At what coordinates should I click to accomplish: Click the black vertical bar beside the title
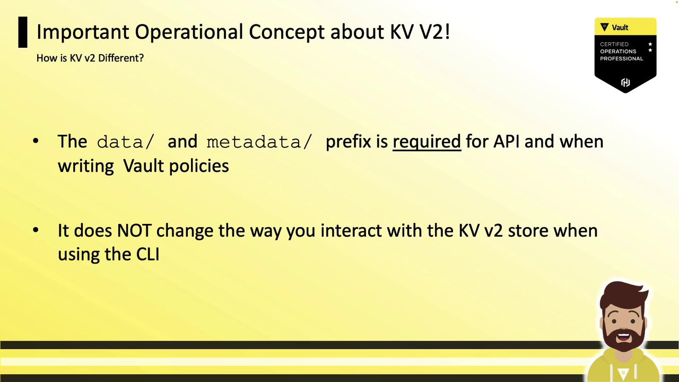coord(23,32)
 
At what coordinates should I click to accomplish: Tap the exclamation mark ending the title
coord(447,31)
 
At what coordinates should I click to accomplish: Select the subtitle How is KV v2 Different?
coord(90,58)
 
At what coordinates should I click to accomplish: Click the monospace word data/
coord(126,142)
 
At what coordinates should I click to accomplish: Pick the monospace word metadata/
coord(259,142)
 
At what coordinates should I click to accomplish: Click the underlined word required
coord(427,142)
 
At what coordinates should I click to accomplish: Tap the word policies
coord(199,166)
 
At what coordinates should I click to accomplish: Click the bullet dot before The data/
coord(36,141)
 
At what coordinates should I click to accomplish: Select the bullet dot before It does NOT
coord(36,230)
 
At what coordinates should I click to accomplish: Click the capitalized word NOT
coord(134,231)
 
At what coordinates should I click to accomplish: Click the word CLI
coord(147,254)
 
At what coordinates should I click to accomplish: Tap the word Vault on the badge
coord(620,28)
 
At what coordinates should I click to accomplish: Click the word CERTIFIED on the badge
coord(614,44)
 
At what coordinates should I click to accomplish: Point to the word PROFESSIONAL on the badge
coord(621,58)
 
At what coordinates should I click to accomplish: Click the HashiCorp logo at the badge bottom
coord(625,82)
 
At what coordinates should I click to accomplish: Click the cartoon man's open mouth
coord(623,337)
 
